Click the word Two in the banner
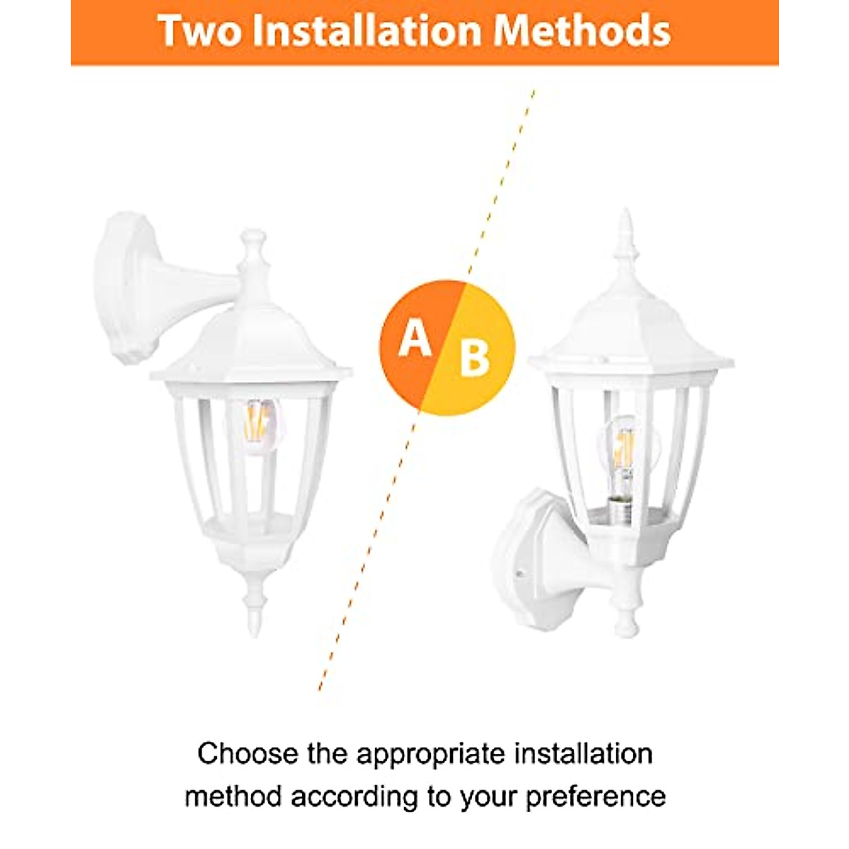[x=200, y=30]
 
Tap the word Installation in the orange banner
[x=366, y=30]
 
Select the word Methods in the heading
[x=582, y=30]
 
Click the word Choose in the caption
[x=248, y=754]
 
